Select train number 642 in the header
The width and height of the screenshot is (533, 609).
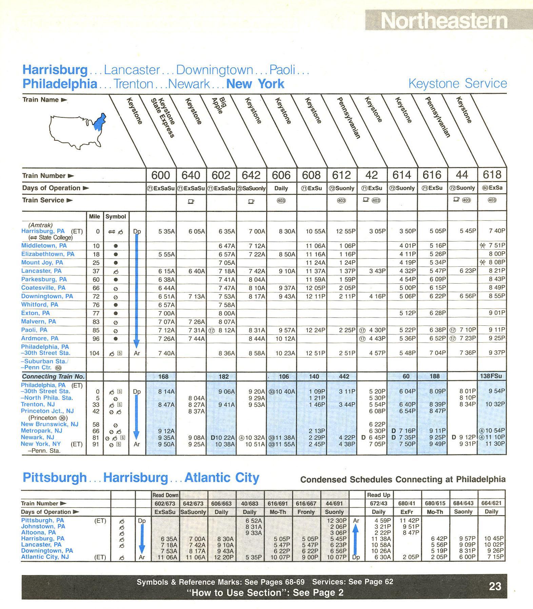pyautogui.click(x=251, y=175)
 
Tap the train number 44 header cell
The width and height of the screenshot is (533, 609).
pyautogui.click(x=462, y=175)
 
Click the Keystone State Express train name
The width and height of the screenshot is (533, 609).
pyautogui.click(x=163, y=117)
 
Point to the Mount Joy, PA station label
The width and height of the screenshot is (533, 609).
pyautogui.click(x=42, y=262)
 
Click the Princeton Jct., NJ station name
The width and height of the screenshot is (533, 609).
pyautogui.click(x=47, y=411)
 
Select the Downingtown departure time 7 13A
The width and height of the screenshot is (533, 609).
pyautogui.click(x=196, y=296)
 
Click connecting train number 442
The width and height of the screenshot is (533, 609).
pyautogui.click(x=342, y=376)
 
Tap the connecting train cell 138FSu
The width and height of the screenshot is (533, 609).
pyautogui.click(x=492, y=376)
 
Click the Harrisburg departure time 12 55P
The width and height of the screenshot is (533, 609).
pyautogui.click(x=346, y=231)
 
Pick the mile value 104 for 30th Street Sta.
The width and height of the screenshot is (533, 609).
pyautogui.click(x=94, y=353)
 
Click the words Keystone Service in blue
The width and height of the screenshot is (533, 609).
pyautogui.click(x=457, y=83)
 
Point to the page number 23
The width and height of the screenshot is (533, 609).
pyautogui.click(x=495, y=586)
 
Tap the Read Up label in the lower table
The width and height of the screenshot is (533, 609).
pyautogui.click(x=378, y=495)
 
